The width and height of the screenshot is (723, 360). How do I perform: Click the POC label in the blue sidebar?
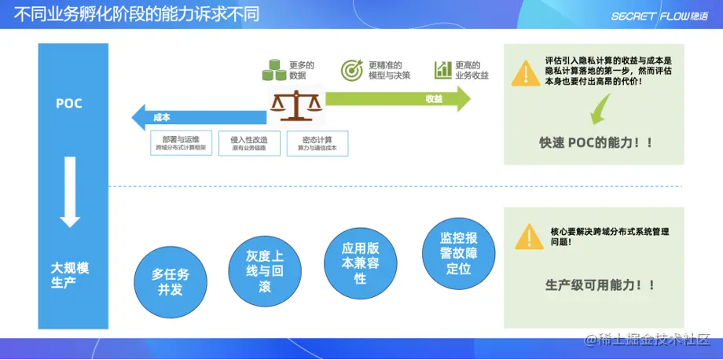click(69, 103)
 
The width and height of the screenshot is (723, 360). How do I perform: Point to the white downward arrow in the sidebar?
click(70, 192)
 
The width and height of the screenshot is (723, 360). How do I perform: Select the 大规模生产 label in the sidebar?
click(70, 275)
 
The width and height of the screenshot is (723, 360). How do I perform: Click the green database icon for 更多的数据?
click(273, 71)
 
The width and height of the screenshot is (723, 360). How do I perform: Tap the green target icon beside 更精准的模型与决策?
click(351, 70)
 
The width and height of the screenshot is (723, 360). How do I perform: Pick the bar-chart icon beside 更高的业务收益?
click(442, 70)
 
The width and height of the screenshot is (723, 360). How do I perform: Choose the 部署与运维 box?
click(180, 143)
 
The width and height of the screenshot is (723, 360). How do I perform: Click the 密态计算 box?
click(317, 143)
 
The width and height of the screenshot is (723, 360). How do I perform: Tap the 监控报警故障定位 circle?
click(457, 252)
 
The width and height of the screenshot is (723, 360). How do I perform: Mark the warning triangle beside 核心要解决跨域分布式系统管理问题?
click(528, 236)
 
